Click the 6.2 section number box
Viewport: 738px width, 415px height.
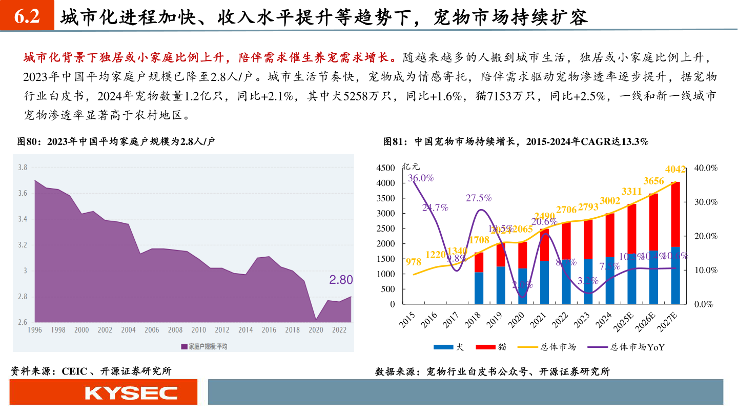(27, 17)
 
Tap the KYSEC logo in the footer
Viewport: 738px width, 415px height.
(131, 393)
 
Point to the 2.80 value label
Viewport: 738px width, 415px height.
(341, 280)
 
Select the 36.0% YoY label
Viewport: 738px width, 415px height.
(421, 178)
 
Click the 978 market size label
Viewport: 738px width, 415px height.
(413, 262)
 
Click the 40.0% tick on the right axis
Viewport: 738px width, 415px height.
(706, 168)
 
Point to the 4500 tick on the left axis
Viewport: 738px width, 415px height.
(385, 168)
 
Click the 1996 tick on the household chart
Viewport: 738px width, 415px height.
(35, 330)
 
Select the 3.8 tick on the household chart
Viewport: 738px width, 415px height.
(23, 167)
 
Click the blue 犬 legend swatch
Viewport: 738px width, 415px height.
(443, 347)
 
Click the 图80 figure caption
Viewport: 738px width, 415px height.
(116, 142)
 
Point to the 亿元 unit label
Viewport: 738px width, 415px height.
(411, 166)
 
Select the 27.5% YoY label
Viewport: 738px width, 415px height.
(479, 198)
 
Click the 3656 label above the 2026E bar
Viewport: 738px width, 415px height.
(653, 181)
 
